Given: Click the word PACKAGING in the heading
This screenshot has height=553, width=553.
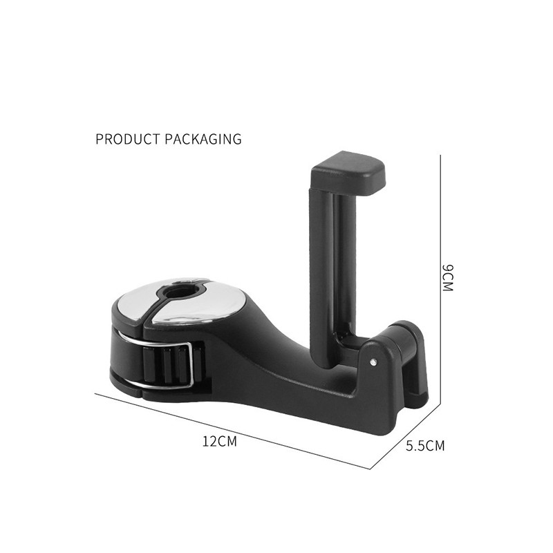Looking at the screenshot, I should (x=203, y=139).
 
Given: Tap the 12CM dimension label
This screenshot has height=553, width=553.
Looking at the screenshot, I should (x=220, y=441).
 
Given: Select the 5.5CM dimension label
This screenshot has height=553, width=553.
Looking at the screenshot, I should (x=425, y=446).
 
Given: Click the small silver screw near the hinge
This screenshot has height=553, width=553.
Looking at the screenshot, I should (x=373, y=362).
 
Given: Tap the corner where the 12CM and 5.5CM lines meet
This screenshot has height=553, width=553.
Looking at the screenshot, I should (x=371, y=469).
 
